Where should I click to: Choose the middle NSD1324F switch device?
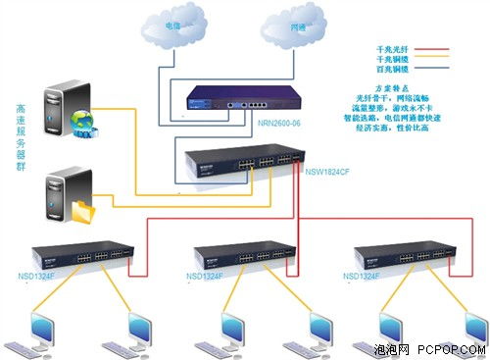click(x=244, y=255)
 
